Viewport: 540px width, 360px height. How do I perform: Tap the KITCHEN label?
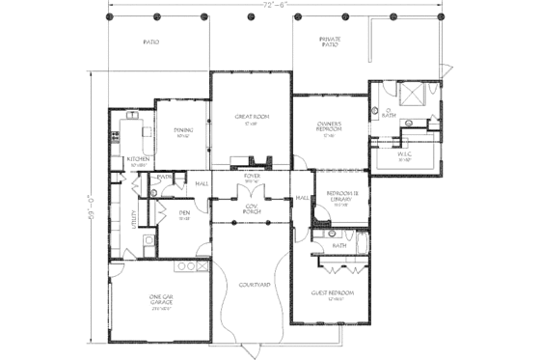point(137,160)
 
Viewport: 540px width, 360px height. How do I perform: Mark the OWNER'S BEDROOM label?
point(331,127)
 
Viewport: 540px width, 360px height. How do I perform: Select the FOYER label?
point(252,177)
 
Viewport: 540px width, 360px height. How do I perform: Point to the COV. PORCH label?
point(252,208)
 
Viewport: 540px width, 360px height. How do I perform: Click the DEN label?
point(183,214)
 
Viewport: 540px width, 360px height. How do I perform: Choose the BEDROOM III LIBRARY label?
point(341,196)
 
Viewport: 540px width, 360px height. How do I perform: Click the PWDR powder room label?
point(165,178)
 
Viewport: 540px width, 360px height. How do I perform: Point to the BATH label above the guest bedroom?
point(339,246)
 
